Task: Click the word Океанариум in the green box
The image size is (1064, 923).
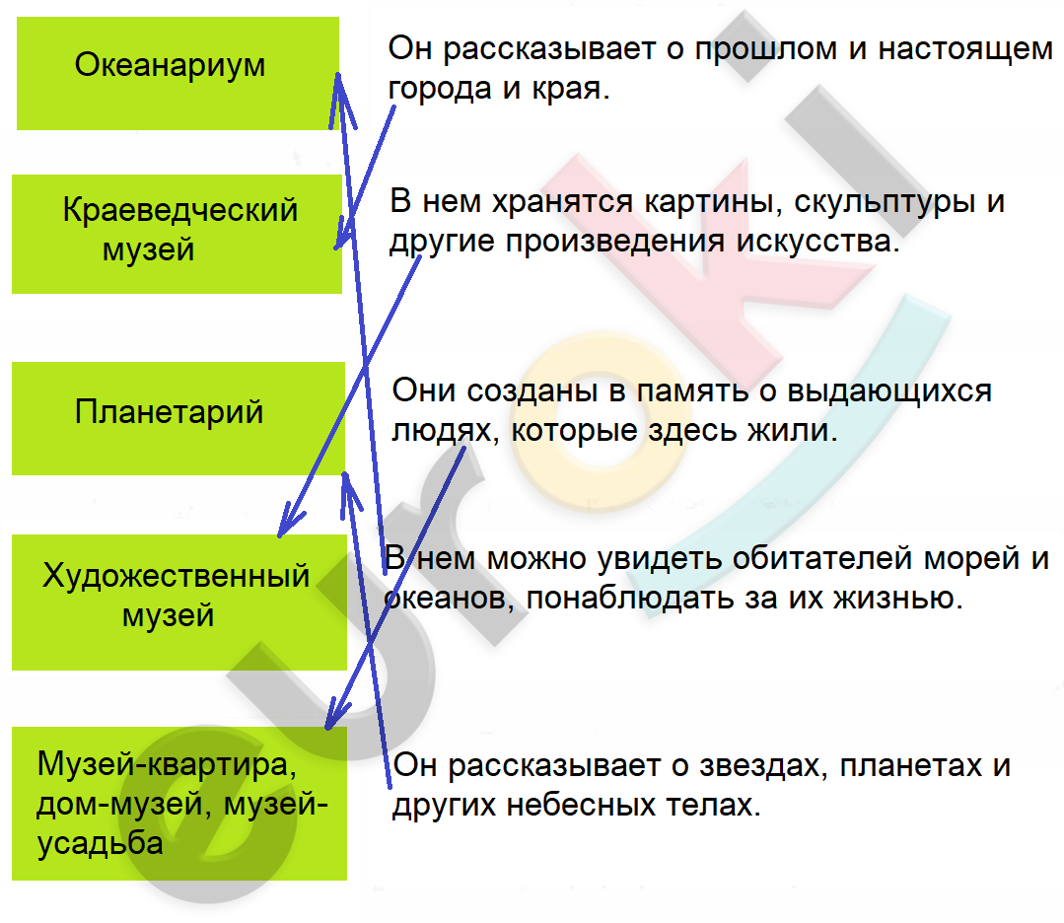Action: coord(170,66)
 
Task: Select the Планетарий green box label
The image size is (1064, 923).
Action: coord(169,412)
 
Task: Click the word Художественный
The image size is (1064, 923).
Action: coord(177,577)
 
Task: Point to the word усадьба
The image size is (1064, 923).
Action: coord(100,843)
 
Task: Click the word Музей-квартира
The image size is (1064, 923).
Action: coord(167,765)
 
